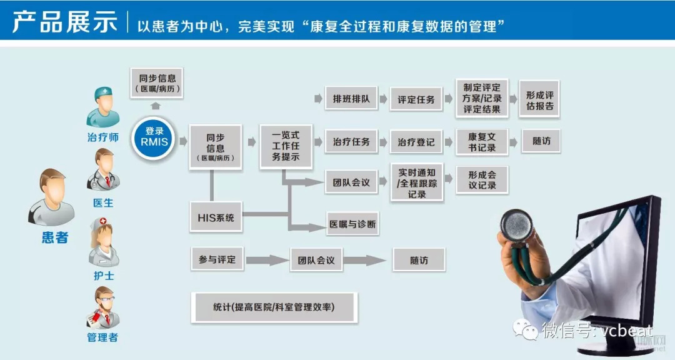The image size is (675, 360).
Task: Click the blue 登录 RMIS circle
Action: click(x=154, y=137)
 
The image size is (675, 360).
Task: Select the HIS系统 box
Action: click(x=216, y=218)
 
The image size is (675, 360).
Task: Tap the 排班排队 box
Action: click(x=351, y=99)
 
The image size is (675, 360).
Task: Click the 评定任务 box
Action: click(x=416, y=99)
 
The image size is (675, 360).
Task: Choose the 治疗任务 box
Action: click(x=351, y=142)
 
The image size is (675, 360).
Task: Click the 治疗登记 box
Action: click(x=416, y=142)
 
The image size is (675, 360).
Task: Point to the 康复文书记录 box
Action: click(x=482, y=142)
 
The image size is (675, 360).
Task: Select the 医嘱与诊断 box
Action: click(x=352, y=224)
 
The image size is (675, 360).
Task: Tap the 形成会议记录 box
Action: click(x=482, y=180)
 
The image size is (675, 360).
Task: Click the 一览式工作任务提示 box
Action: click(x=286, y=146)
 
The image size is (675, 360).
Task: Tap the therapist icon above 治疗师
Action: click(x=102, y=107)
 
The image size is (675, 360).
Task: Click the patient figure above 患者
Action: click(x=52, y=197)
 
